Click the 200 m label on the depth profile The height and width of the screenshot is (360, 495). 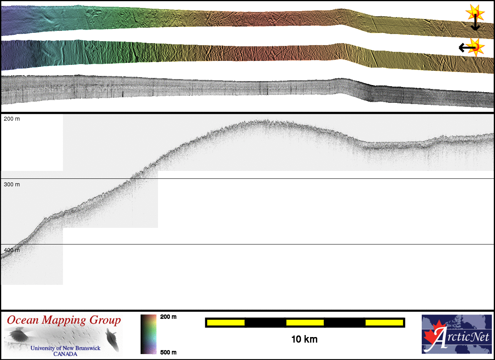click(11, 119)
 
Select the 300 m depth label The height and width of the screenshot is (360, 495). click(11, 184)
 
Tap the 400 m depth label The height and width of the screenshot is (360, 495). click(11, 250)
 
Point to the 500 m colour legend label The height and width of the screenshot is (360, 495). click(168, 352)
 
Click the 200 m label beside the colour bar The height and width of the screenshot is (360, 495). click(168, 317)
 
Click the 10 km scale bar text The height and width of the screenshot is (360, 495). click(304, 339)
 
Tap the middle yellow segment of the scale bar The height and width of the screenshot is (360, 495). click(305, 323)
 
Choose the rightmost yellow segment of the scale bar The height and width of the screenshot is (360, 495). click(384, 323)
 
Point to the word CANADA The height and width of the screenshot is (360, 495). click(65, 354)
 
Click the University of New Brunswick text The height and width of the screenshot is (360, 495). click(65, 349)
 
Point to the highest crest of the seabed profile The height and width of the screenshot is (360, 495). click(261, 121)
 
